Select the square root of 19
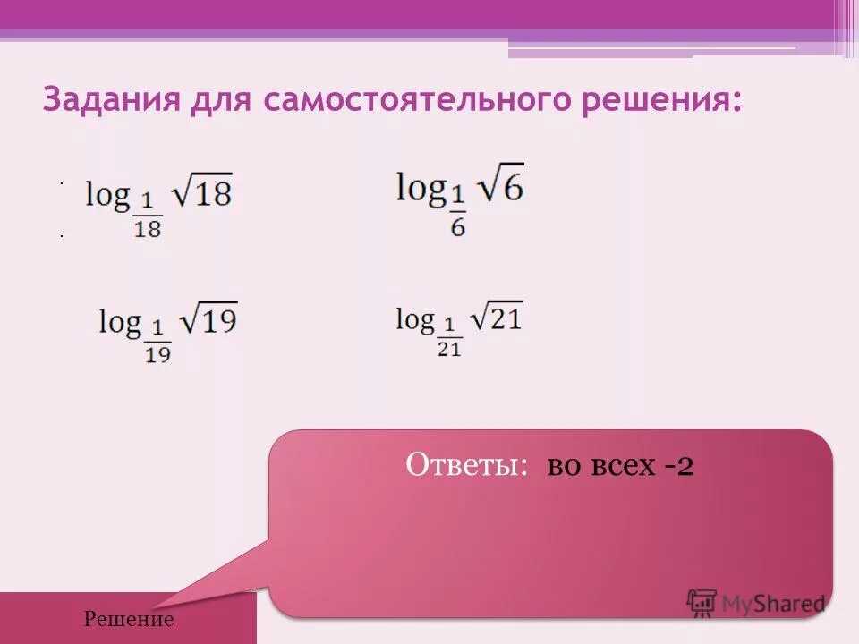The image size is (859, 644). pyautogui.click(x=208, y=319)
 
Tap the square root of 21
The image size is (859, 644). pyautogui.click(x=496, y=318)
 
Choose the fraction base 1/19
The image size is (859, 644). pyautogui.click(x=157, y=343)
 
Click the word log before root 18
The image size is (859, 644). pyautogui.click(x=107, y=195)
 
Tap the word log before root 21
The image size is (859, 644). pyautogui.click(x=414, y=318)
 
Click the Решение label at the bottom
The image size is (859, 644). pyautogui.click(x=129, y=619)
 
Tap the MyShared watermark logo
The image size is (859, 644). pyautogui.click(x=755, y=603)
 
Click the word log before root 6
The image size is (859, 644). pyautogui.click(x=421, y=188)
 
